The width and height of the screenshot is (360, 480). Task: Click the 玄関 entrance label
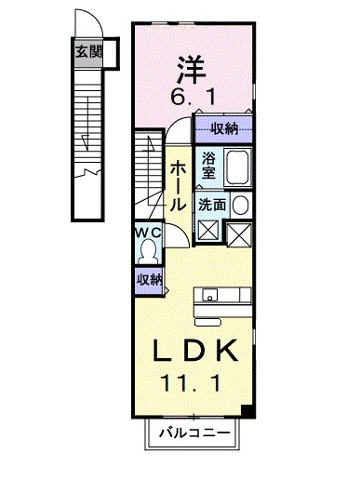click(88, 52)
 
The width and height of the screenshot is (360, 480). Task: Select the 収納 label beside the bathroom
click(223, 128)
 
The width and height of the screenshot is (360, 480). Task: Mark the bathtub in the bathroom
click(237, 167)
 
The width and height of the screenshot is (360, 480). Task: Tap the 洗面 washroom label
click(211, 205)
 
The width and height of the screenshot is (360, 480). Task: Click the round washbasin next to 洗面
click(240, 206)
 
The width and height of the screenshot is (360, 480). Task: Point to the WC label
click(149, 232)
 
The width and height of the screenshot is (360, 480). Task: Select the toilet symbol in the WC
click(148, 249)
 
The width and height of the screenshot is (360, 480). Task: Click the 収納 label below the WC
click(149, 279)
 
